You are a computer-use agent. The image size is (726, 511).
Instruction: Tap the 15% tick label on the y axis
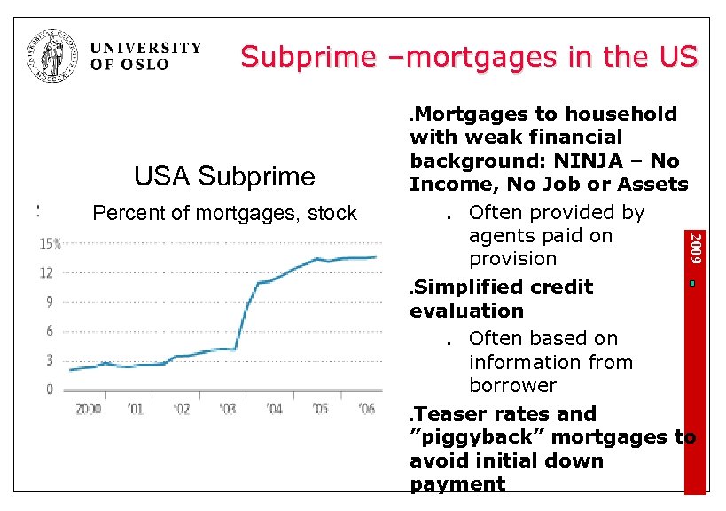pos(50,243)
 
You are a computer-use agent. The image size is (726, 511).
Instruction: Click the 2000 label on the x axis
pos(88,409)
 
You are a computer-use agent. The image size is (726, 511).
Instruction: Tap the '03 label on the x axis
pos(227,409)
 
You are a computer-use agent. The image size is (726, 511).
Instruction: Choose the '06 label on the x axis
pos(366,409)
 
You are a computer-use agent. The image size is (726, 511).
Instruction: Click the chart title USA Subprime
pos(224,176)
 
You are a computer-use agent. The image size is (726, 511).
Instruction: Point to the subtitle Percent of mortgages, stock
pos(224,213)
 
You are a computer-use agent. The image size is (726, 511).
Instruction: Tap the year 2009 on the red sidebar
pos(697,247)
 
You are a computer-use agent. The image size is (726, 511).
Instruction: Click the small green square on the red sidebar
pos(697,283)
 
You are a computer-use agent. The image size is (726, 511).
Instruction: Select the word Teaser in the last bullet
pos(450,413)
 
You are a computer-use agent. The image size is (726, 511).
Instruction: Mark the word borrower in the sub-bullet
pos(512,386)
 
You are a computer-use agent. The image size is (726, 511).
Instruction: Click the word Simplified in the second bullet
pos(468,287)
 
